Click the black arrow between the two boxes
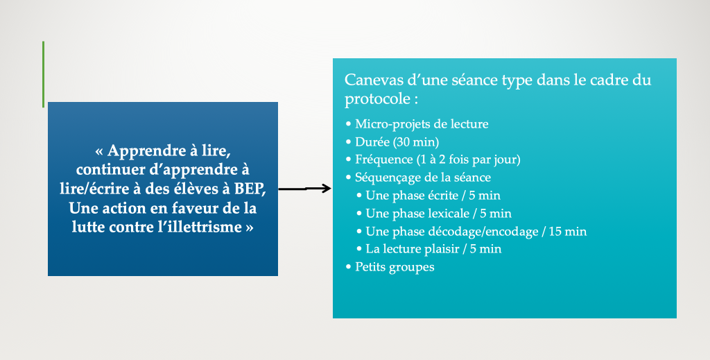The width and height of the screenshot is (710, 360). [304, 189]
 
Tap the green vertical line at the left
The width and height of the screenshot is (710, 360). [44, 74]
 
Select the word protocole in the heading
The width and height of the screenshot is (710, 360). [377, 99]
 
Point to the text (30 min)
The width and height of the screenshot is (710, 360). [416, 142]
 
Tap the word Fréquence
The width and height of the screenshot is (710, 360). [384, 160]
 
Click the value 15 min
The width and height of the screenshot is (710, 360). [568, 232]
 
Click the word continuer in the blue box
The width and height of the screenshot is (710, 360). [107, 170]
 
